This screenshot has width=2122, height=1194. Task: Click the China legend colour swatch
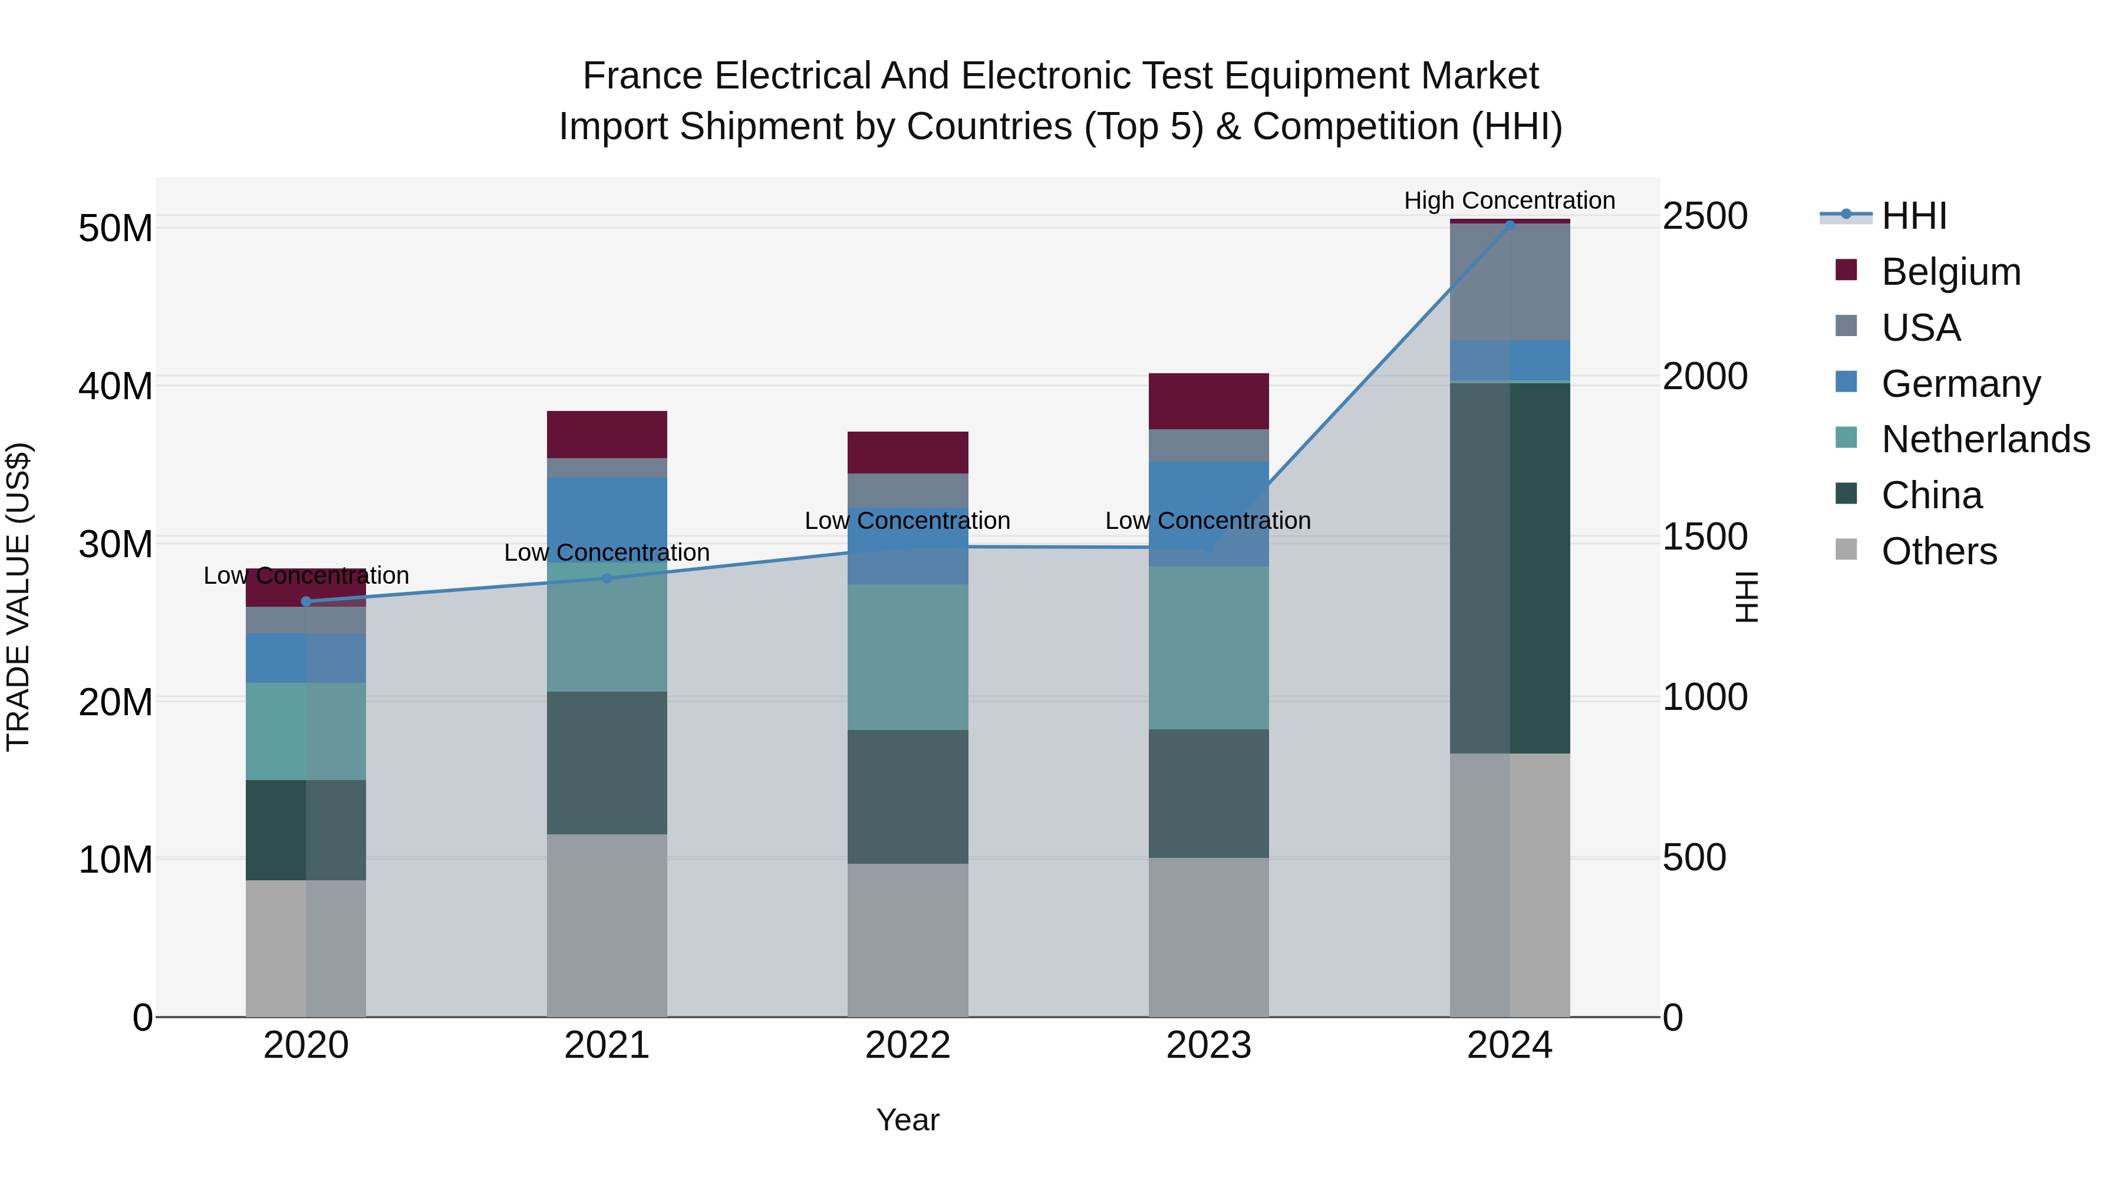pyautogui.click(x=1846, y=495)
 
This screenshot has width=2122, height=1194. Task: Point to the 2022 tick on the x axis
pyautogui.click(x=908, y=1045)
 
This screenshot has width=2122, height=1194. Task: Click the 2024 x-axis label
pyautogui.click(x=1509, y=1045)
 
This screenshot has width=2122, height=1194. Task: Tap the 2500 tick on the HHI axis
pyautogui.click(x=1704, y=217)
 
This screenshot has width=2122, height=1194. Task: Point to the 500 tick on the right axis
pyautogui.click(x=1693, y=858)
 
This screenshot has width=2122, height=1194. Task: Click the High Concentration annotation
pyautogui.click(x=1509, y=201)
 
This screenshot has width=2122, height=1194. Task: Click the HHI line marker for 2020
pyautogui.click(x=307, y=601)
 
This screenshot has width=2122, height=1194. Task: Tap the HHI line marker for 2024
pyautogui.click(x=1509, y=224)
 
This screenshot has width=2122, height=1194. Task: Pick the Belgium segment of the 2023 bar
pyautogui.click(x=1208, y=402)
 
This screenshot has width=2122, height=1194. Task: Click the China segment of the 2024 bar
pyautogui.click(x=1509, y=568)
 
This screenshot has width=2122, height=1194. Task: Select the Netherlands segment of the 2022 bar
pyautogui.click(x=908, y=657)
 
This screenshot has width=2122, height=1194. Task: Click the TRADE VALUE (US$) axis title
pyautogui.click(x=18, y=597)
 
